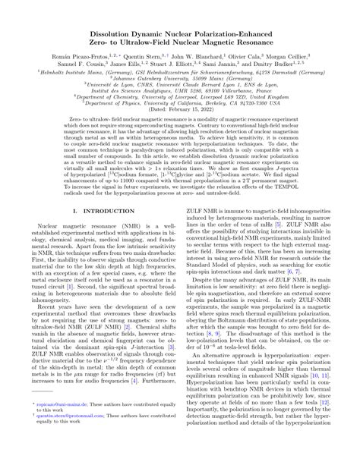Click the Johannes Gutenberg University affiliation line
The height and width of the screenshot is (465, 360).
tap(180, 58)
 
